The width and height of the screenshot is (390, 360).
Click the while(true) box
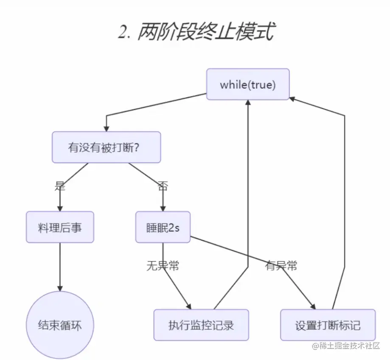[247, 84]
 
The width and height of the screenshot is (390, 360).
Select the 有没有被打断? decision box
[106, 147]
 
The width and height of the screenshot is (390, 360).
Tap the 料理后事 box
[60, 227]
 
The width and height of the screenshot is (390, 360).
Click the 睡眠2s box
[163, 227]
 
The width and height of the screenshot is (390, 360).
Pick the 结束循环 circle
[60, 326]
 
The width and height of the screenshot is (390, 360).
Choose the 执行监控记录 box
[201, 325]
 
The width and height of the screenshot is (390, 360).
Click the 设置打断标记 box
[328, 325]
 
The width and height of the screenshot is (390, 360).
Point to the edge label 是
[60, 186]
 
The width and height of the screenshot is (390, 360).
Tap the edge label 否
[163, 186]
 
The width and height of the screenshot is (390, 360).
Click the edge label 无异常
[163, 266]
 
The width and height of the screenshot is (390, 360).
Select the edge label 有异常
[281, 266]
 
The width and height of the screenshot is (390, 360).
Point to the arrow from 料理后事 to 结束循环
[60, 267]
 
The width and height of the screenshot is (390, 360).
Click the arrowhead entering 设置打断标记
[313, 307]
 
